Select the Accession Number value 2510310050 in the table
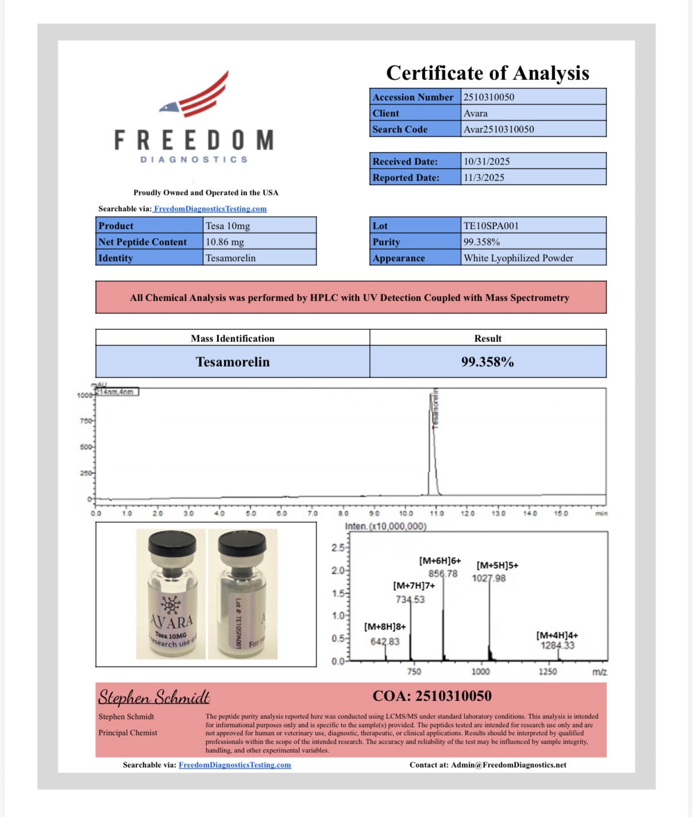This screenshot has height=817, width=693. (x=489, y=97)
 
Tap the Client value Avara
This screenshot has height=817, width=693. (x=475, y=113)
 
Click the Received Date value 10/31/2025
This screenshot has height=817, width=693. (x=487, y=161)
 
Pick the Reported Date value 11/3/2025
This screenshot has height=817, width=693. (x=484, y=178)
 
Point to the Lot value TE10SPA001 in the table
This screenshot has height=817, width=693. (x=491, y=226)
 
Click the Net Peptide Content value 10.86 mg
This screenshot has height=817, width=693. (x=225, y=242)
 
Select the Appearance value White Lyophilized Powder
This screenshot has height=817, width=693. (x=518, y=258)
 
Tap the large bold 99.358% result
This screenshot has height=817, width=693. (x=487, y=362)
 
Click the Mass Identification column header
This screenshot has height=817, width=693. (x=233, y=338)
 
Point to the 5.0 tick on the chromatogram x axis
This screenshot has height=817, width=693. (x=251, y=513)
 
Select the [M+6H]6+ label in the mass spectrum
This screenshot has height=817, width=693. (x=440, y=561)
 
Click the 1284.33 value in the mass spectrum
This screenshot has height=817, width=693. (x=557, y=646)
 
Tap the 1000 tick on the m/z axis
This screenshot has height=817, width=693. (x=480, y=672)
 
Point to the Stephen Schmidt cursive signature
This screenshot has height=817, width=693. (x=154, y=697)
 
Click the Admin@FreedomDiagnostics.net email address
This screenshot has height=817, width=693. (x=509, y=765)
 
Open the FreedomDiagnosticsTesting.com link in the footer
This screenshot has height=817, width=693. (x=234, y=765)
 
